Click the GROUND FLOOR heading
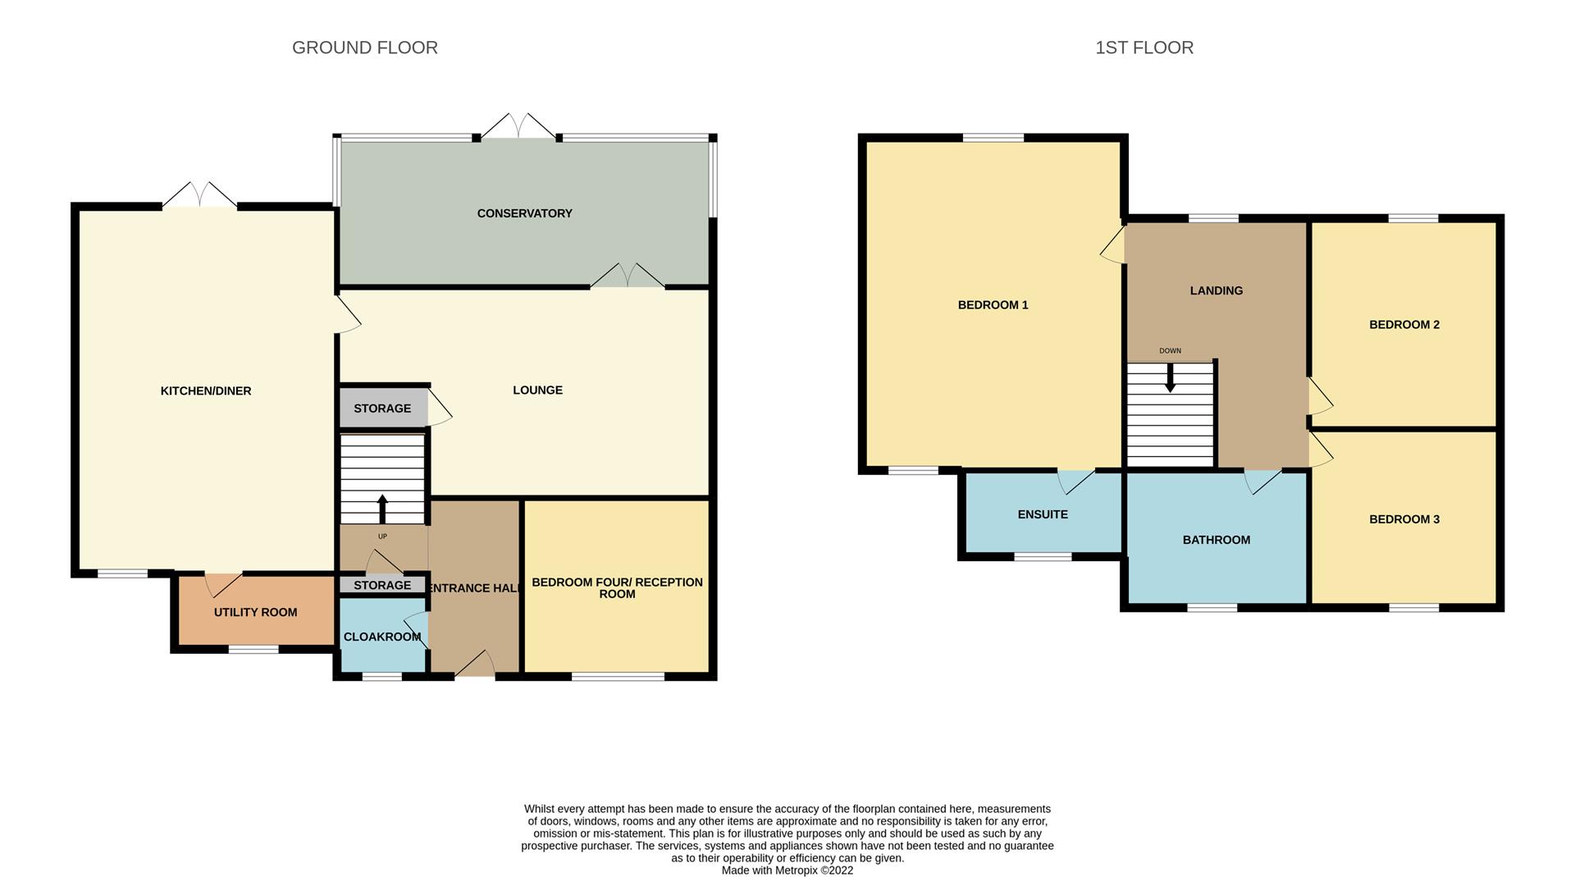[365, 48]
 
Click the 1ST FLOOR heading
[1144, 48]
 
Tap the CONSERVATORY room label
[525, 213]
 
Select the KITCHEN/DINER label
[206, 391]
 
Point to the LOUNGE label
[538, 391]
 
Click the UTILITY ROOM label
[256, 612]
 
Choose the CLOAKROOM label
[382, 637]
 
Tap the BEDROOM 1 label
[993, 305]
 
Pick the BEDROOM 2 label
[1404, 325]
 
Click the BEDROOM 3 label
[1404, 519]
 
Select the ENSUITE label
[1043, 514]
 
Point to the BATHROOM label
[1217, 540]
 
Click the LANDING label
[1217, 290]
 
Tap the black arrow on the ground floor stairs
[382, 509]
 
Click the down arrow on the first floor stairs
[1171, 377]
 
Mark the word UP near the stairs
[382, 537]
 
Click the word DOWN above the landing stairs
[1171, 351]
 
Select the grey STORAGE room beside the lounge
[383, 408]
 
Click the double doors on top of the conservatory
[518, 126]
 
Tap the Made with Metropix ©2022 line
[787, 870]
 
